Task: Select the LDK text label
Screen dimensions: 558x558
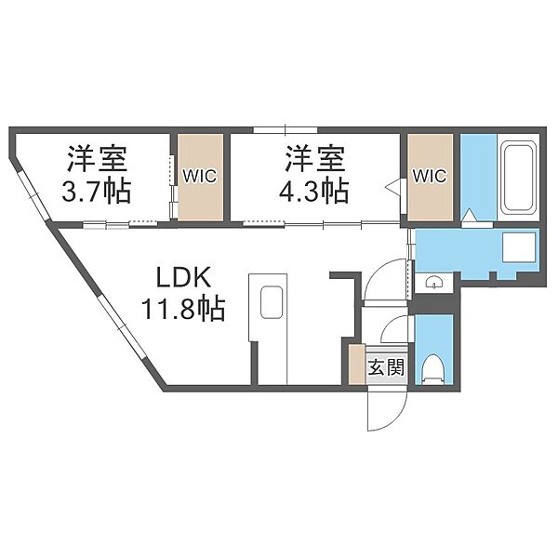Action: [x=184, y=277]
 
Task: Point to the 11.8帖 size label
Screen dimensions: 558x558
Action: [x=183, y=309]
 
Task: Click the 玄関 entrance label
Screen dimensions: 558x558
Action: [x=386, y=366]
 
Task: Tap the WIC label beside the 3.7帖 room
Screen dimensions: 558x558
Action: [x=200, y=176]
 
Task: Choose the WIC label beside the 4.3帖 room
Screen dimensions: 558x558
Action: [x=430, y=176]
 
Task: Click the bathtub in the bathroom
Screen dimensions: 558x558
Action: [x=519, y=177]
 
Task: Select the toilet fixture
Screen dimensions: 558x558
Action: [x=433, y=369]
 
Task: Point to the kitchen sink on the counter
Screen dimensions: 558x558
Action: [x=272, y=302]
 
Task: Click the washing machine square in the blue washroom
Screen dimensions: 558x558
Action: [x=519, y=247]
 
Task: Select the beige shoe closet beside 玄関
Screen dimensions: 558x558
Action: [x=357, y=364]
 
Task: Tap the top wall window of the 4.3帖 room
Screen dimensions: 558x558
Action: [x=286, y=130]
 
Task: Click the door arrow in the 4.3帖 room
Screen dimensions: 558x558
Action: [x=393, y=187]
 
